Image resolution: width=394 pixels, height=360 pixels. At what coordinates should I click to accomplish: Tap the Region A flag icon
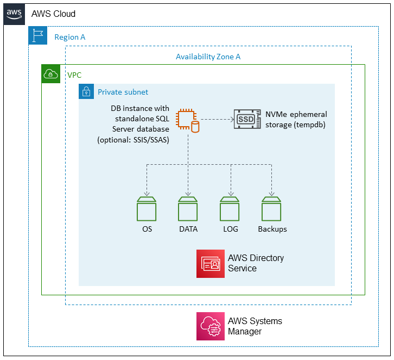click(x=38, y=36)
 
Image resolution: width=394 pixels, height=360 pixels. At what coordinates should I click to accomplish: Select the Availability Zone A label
click(x=208, y=57)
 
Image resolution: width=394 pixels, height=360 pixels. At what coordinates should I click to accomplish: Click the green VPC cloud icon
click(x=51, y=74)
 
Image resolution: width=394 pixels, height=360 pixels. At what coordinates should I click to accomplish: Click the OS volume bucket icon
click(x=147, y=208)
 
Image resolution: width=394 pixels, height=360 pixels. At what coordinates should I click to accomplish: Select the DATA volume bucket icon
click(x=188, y=208)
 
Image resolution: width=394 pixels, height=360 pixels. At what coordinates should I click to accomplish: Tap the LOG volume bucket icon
click(x=230, y=208)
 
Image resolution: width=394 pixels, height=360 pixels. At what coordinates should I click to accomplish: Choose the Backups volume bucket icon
click(x=271, y=208)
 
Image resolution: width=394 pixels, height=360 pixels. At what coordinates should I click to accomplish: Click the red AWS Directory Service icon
click(x=211, y=264)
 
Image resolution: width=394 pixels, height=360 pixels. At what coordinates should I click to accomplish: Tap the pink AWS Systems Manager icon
click(x=211, y=326)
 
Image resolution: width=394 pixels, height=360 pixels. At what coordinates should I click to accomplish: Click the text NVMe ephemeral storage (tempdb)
click(x=296, y=119)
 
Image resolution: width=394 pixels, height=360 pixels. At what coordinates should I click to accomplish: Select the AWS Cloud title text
click(x=53, y=14)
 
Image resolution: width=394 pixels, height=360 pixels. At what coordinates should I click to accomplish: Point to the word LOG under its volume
click(x=230, y=229)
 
